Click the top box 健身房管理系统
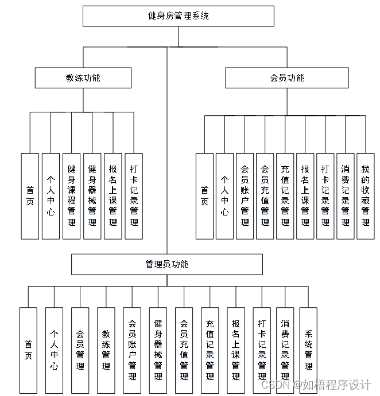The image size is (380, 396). (178, 16)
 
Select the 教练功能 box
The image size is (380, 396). (83, 78)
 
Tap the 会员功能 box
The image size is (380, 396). (286, 78)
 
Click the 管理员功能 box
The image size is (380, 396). (167, 264)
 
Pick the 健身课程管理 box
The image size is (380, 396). (72, 195)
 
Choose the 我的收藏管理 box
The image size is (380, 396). (366, 195)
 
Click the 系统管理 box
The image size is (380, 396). (308, 350)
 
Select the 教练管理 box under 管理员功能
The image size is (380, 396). (106, 350)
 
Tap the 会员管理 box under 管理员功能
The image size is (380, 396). (80, 350)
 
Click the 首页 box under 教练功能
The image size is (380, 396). (30, 195)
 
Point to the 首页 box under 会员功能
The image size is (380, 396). (205, 195)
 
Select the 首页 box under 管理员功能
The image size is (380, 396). (28, 350)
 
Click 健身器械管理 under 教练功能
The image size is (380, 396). (92, 195)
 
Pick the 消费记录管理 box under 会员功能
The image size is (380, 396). (345, 195)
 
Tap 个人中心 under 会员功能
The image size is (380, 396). (225, 195)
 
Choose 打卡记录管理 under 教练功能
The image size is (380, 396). (134, 195)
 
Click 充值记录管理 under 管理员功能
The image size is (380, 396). (210, 350)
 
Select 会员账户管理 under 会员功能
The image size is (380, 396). (245, 195)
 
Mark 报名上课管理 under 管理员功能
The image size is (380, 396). (236, 350)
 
